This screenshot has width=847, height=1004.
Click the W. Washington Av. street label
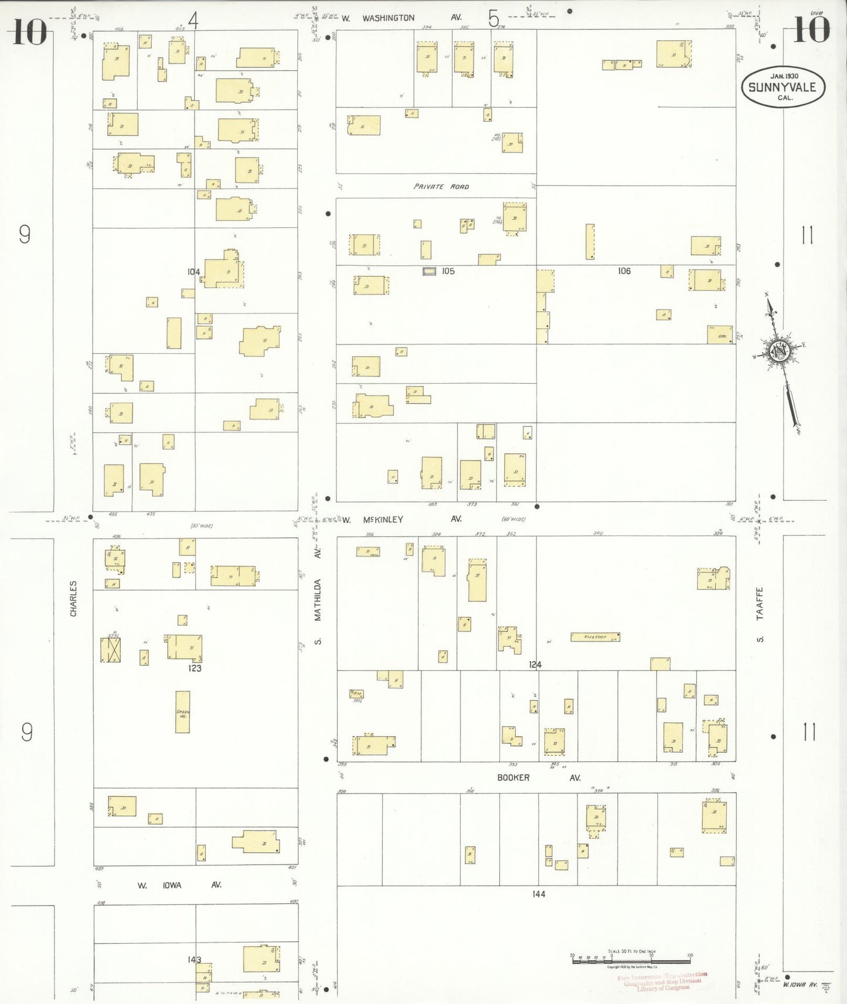point(402,18)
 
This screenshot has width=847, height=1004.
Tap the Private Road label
point(441,187)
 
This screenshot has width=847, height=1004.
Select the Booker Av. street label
point(538,778)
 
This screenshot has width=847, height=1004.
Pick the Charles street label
point(73,598)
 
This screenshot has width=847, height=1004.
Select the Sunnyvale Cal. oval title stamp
point(783,87)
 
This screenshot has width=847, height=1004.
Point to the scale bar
point(631,959)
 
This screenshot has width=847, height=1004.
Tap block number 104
point(193,272)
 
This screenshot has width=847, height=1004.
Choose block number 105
point(448,271)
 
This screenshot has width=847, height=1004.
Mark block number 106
point(624,271)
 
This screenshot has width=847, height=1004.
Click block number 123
point(195,668)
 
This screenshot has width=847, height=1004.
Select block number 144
point(539,894)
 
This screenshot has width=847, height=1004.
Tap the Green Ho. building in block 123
point(182,712)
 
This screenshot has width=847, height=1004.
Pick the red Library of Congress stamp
point(662,981)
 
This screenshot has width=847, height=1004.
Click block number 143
point(194,959)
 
